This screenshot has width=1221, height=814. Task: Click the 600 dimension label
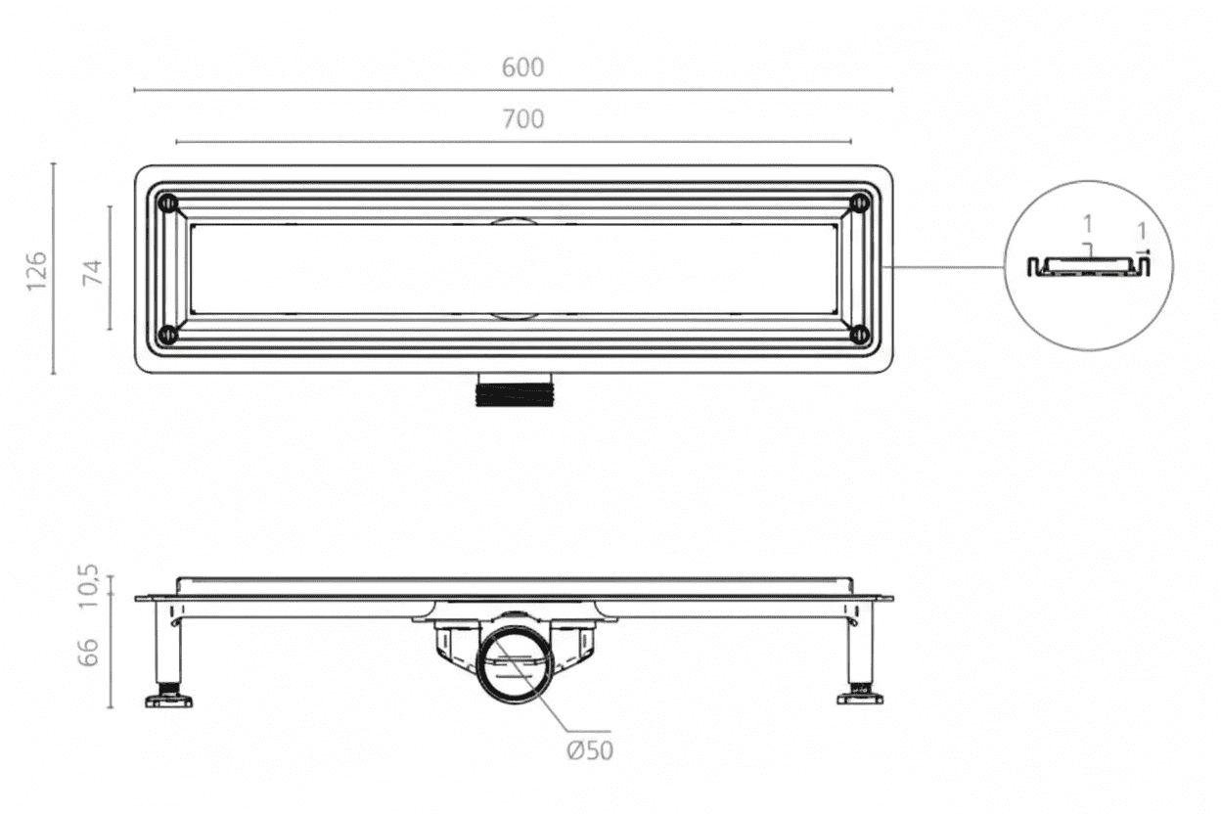tap(522, 68)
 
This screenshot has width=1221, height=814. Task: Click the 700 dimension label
tap(523, 119)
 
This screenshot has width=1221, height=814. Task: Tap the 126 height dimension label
tap(37, 271)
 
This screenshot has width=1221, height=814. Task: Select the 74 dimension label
tap(93, 273)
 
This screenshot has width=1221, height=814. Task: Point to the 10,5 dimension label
tap(88, 586)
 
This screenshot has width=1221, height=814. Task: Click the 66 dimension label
tap(88, 652)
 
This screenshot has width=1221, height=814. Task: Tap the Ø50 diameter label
tap(590, 750)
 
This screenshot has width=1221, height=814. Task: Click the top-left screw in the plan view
tap(168, 203)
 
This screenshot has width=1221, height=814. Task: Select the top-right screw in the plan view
tap(860, 203)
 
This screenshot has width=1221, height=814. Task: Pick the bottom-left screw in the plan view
tap(168, 334)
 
